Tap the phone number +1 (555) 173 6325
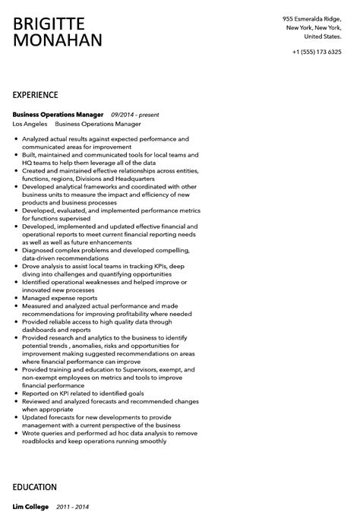point(317,52)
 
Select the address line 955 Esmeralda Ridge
point(311,18)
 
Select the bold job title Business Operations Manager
point(58,114)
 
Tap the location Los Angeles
point(30,123)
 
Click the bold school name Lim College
point(30,507)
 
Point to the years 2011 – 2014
point(73,507)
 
